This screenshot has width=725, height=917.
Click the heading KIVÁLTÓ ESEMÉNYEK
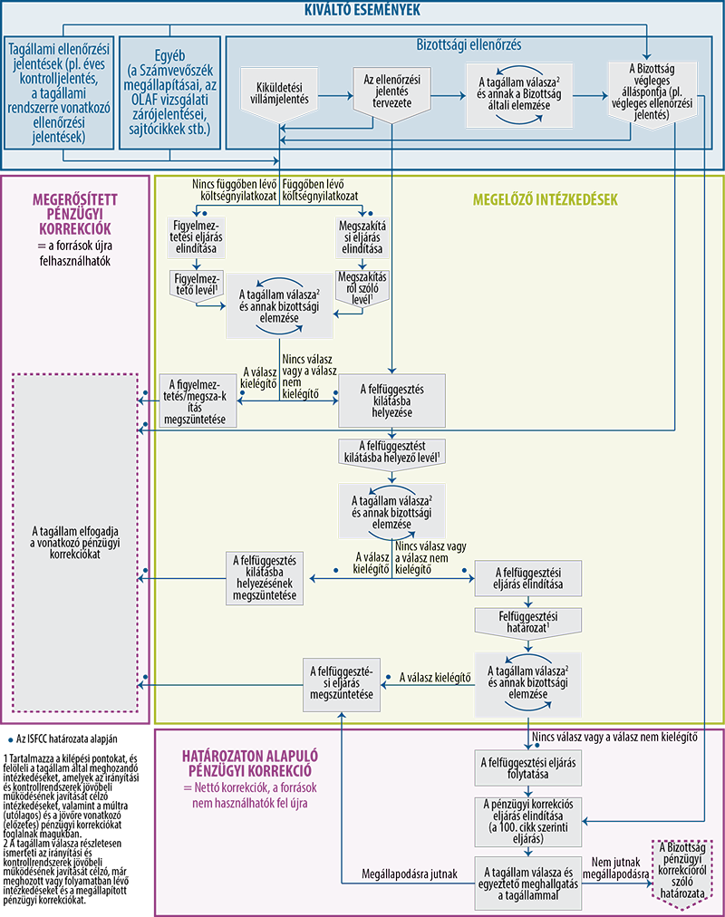(362, 10)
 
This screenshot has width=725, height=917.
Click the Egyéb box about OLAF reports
(169, 92)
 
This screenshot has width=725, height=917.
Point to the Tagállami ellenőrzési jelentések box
(59, 92)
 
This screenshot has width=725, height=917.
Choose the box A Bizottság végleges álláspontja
(652, 92)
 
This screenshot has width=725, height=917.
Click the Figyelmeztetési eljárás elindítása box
(196, 236)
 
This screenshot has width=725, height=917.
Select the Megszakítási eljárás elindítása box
(362, 236)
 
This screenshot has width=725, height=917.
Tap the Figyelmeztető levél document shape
(196, 286)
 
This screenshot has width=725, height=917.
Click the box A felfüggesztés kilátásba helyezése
(391, 401)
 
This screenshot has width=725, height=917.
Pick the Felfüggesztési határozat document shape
(528, 623)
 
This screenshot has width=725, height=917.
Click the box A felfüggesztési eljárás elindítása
(528, 578)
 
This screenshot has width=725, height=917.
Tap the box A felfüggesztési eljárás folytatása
(528, 767)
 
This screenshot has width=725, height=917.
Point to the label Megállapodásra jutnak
(410, 874)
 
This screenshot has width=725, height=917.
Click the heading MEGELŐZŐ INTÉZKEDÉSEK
(545, 200)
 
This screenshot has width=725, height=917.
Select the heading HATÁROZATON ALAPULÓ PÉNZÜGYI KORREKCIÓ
(249, 763)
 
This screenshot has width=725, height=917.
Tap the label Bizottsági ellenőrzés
(469, 45)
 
